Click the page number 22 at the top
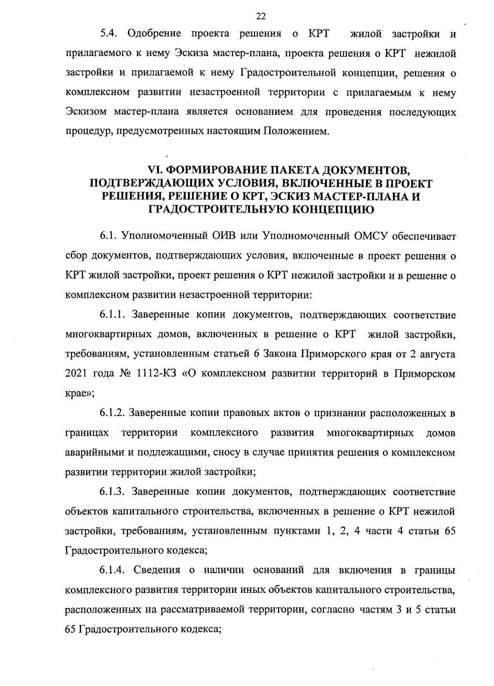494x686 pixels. click(261, 16)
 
